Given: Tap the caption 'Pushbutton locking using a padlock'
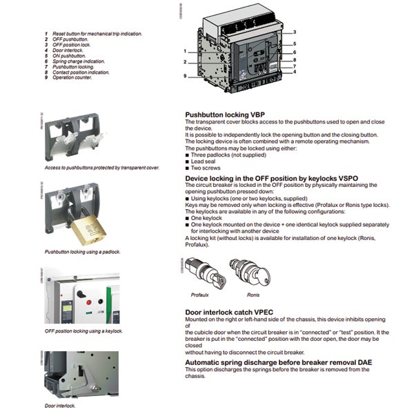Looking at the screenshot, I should [82, 252].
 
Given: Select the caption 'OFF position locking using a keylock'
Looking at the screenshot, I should [83, 331].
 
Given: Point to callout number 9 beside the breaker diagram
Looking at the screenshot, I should [185, 76].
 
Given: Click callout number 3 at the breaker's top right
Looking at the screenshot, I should [294, 32].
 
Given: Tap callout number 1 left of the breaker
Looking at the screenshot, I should [185, 51].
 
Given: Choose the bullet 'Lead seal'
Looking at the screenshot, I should [205, 162].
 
